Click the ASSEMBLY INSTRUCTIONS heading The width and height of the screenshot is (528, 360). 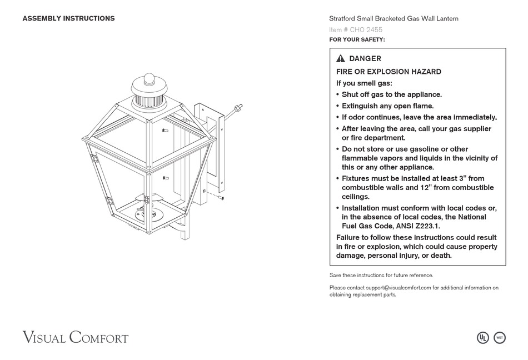(x=68, y=18)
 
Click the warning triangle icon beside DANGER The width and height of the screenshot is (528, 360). (x=341, y=59)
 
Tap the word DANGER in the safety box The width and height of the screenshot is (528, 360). (x=365, y=59)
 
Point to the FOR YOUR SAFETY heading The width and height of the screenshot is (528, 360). (x=357, y=39)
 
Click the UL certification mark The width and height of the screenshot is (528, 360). (x=483, y=337)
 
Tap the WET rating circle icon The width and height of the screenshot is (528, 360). (x=500, y=337)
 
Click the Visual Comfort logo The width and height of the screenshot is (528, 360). (x=76, y=337)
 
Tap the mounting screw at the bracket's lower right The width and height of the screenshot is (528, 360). (x=220, y=197)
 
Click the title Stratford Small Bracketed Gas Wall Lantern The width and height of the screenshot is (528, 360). (x=393, y=18)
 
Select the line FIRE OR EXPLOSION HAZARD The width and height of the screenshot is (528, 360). (x=388, y=72)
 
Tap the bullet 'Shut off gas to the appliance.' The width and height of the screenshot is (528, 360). (x=391, y=94)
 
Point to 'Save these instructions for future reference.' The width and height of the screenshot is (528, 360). (x=381, y=275)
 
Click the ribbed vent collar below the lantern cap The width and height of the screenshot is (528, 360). (x=150, y=102)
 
